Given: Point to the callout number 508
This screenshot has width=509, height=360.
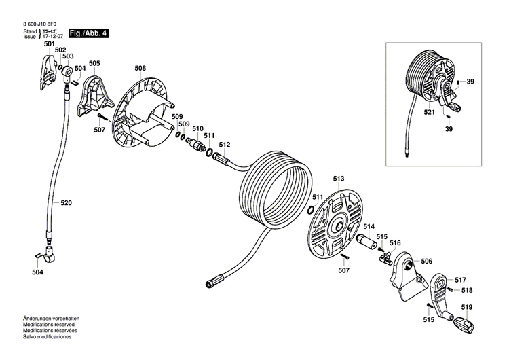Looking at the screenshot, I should click(140, 68).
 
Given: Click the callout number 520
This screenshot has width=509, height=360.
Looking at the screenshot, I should click(66, 202).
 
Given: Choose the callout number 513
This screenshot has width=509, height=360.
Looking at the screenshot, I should click(339, 179).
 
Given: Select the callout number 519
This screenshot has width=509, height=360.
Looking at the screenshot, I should click(467, 308).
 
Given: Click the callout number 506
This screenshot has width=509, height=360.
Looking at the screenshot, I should click(426, 261).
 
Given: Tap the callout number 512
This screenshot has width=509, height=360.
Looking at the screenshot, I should click(224, 144).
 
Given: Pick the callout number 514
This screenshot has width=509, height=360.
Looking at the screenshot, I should click(369, 226).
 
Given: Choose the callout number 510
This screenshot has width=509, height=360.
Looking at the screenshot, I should click(197, 128).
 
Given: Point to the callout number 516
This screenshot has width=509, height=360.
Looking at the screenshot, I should click(395, 242).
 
